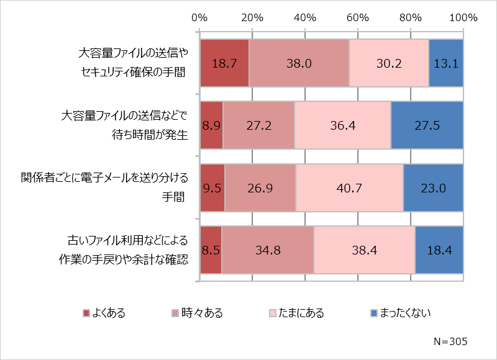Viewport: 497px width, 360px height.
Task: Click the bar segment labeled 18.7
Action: point(224,63)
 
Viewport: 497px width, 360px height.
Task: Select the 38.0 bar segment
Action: point(299,63)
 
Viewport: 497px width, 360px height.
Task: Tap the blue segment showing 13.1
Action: point(446,63)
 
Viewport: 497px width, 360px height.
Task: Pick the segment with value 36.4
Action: point(342,125)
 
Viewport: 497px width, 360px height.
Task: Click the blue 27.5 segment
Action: point(427,125)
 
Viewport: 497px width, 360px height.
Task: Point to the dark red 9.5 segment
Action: point(212,188)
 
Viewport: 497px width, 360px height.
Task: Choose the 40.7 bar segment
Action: point(349,188)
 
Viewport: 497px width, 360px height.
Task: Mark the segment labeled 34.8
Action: point(268,250)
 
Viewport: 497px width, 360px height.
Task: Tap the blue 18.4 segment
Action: point(439,250)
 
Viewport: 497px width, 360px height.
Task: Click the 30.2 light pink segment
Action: point(389,63)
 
